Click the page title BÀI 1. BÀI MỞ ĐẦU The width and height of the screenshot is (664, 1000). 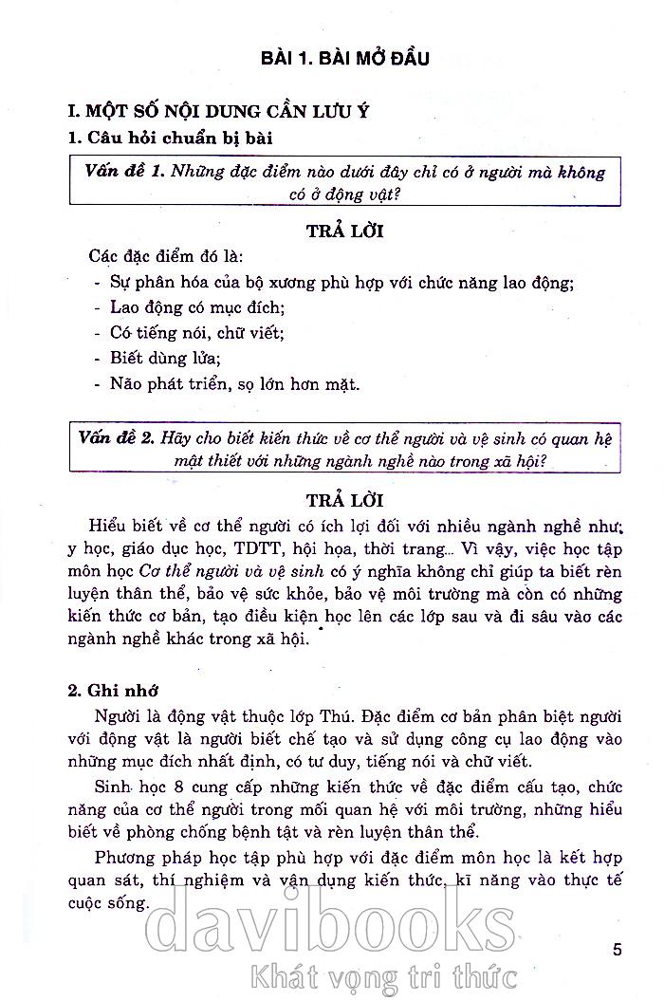pos(345,59)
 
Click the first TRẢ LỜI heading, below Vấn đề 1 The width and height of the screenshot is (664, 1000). pos(345,231)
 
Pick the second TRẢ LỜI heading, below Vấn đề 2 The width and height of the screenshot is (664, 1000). pos(345,498)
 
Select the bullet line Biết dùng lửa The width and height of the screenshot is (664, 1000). pos(158,359)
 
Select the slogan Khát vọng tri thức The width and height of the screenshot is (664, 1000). pos(379,973)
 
